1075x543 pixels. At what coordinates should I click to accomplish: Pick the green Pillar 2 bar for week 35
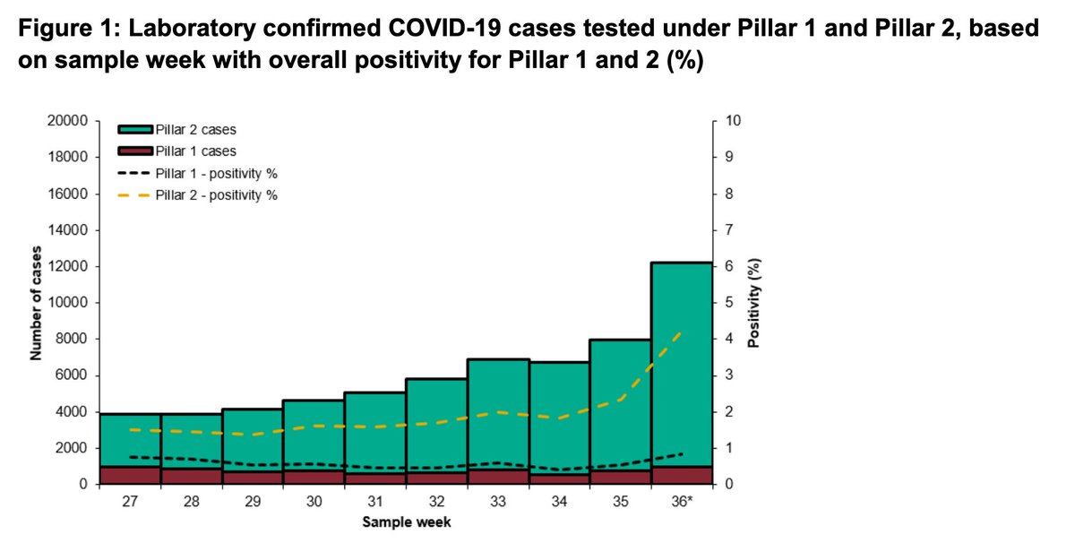[620, 403]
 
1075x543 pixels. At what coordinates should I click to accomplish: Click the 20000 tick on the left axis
[69, 121]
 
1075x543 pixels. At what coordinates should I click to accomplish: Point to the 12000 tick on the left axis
[69, 267]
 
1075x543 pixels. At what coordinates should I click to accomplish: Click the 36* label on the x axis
[683, 504]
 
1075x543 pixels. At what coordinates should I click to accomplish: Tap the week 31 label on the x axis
[375, 504]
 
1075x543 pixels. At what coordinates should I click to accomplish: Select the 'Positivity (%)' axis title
[754, 303]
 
